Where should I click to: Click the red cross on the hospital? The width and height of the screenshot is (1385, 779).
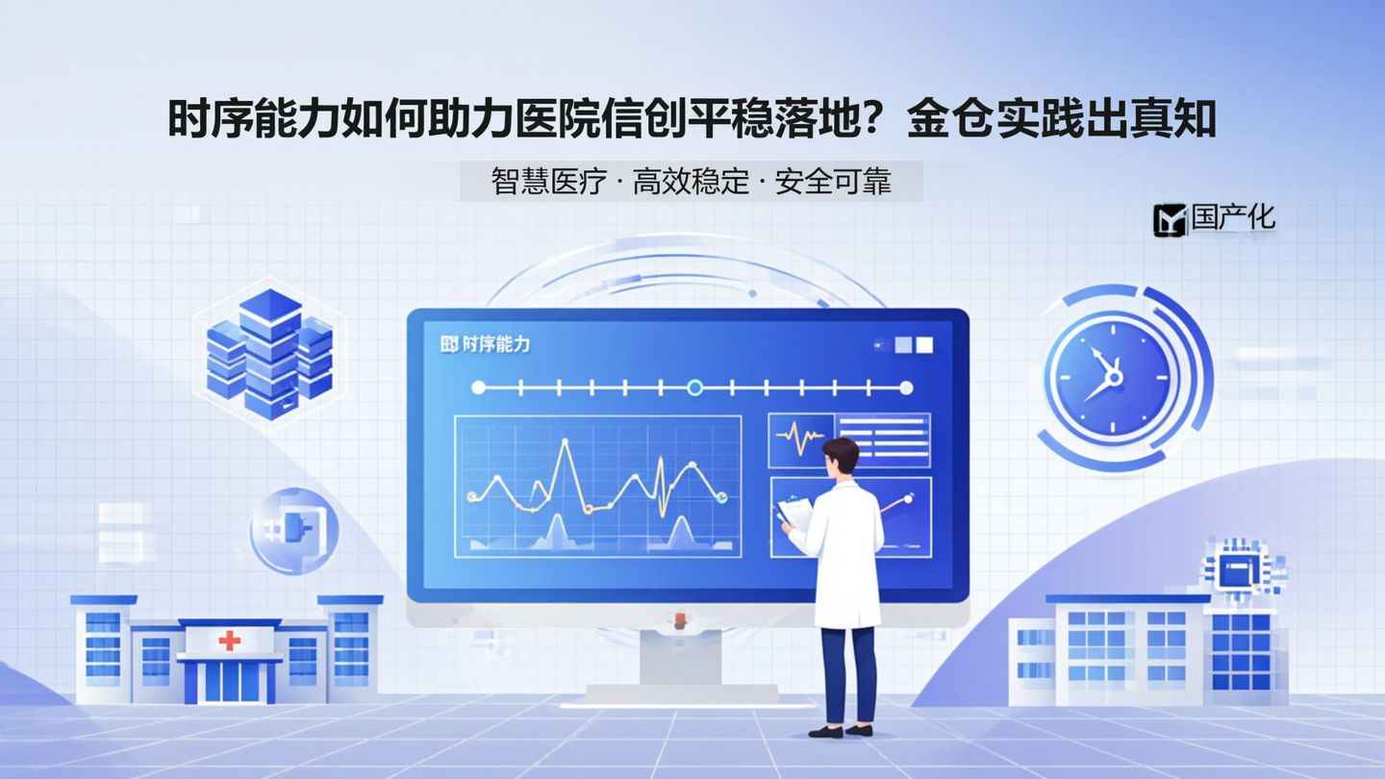coord(229,641)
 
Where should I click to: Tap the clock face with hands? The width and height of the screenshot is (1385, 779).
coord(1111,376)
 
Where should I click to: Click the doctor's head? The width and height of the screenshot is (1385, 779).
coord(840,456)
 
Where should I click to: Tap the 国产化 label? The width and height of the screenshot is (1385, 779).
coord(1233,217)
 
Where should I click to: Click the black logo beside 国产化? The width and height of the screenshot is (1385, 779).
coord(1171,220)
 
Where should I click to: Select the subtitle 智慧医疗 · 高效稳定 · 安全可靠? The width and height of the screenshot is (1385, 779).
coord(691,181)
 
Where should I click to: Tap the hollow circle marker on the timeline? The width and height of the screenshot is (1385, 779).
coord(695,388)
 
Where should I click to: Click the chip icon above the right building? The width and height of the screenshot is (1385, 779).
coord(1237,569)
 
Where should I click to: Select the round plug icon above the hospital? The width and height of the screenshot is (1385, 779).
coord(294,531)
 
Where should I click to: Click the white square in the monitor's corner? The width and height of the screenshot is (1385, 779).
coord(923,344)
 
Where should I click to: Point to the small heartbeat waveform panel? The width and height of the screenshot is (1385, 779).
coord(800,440)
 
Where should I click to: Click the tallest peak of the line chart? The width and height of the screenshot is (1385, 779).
coord(565,442)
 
